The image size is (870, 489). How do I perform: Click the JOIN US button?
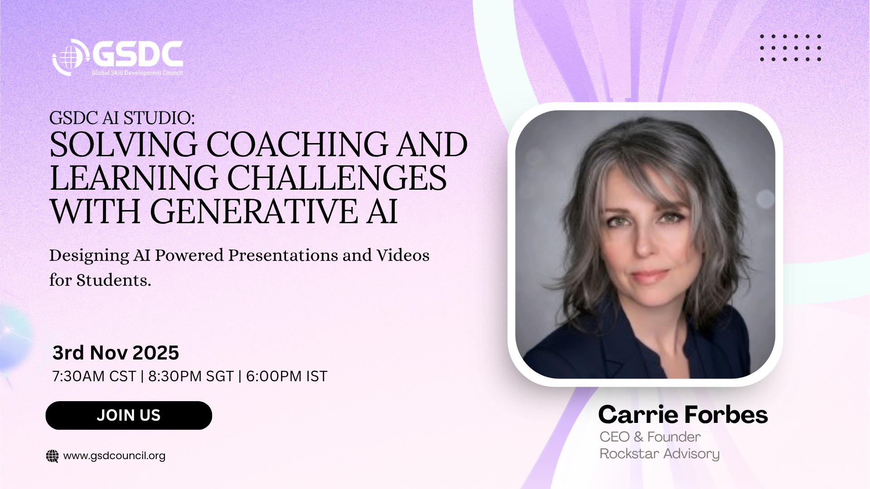[129, 415]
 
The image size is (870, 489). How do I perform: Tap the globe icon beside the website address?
[53, 456]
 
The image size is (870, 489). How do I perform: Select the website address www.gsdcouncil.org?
[114, 455]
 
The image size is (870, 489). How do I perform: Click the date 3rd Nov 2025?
[116, 353]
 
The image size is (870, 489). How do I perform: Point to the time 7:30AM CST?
[94, 376]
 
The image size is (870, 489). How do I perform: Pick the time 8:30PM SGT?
[191, 376]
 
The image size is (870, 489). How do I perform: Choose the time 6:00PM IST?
[286, 376]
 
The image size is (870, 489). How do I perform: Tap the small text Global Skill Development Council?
[137, 73]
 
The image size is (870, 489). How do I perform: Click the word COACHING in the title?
[297, 144]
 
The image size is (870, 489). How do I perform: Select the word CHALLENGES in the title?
[337, 178]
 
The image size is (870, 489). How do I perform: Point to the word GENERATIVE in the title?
[254, 211]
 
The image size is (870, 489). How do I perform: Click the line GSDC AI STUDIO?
[122, 118]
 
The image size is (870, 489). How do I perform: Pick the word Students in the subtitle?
[113, 280]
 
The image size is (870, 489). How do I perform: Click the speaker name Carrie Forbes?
[683, 414]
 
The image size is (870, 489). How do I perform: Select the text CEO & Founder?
[650, 437]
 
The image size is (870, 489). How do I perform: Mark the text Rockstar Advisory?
[659, 454]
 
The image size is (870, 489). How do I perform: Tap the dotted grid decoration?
[790, 48]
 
